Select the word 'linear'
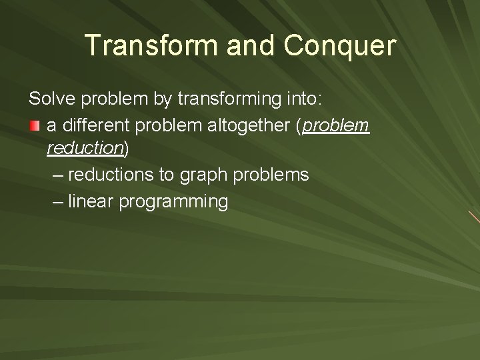click(90, 201)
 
